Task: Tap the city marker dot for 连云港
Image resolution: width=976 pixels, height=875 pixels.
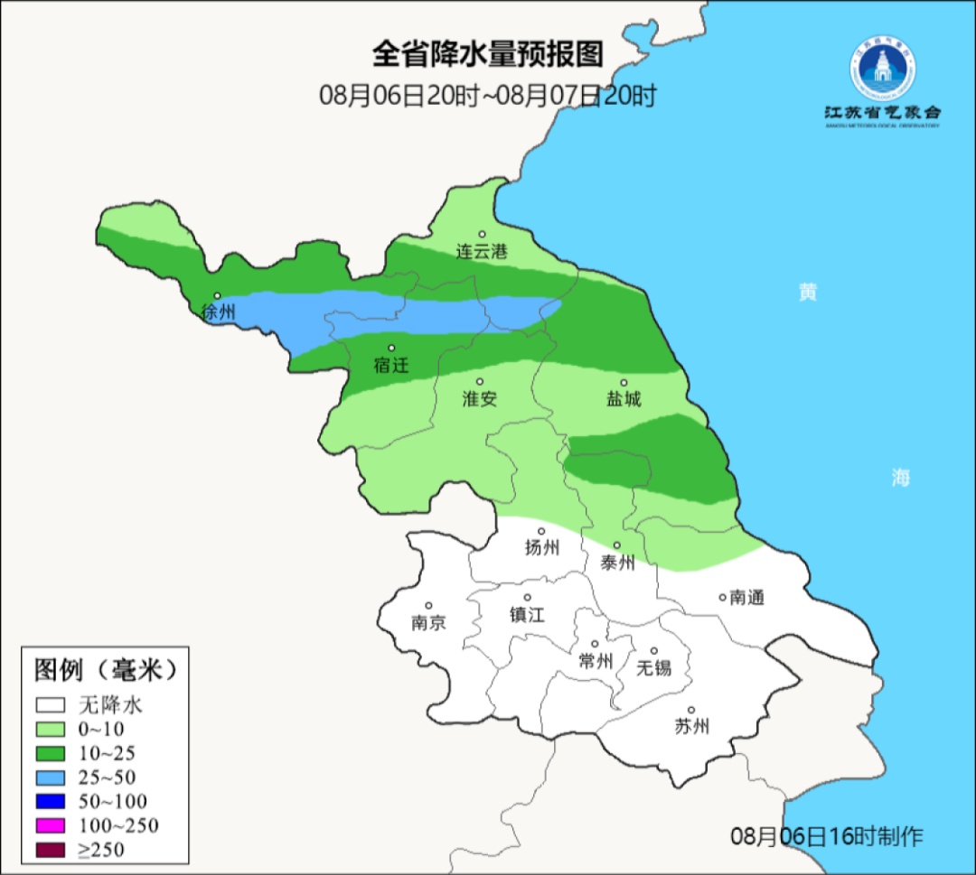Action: [x=483, y=234]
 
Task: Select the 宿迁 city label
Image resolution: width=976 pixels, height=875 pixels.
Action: [x=391, y=366]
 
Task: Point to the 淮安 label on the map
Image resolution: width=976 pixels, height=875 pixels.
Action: [x=480, y=398]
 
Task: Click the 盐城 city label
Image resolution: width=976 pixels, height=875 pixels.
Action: [x=623, y=398]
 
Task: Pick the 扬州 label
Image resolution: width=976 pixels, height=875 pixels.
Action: [x=542, y=547]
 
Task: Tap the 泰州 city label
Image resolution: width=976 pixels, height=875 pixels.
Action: [x=617, y=563]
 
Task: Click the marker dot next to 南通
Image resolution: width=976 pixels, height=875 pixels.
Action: [x=722, y=596]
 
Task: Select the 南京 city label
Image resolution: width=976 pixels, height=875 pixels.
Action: [x=428, y=622]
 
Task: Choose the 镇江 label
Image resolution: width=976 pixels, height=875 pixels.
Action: [x=527, y=614]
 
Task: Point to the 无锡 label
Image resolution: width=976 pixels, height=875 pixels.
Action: [x=654, y=667]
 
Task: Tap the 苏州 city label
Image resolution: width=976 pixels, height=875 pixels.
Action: [x=691, y=726]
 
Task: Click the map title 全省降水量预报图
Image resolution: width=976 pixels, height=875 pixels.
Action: [x=487, y=54]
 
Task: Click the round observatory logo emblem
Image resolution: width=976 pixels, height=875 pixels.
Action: [x=881, y=68]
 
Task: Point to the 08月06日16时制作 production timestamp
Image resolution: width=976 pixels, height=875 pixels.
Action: [x=827, y=836]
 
